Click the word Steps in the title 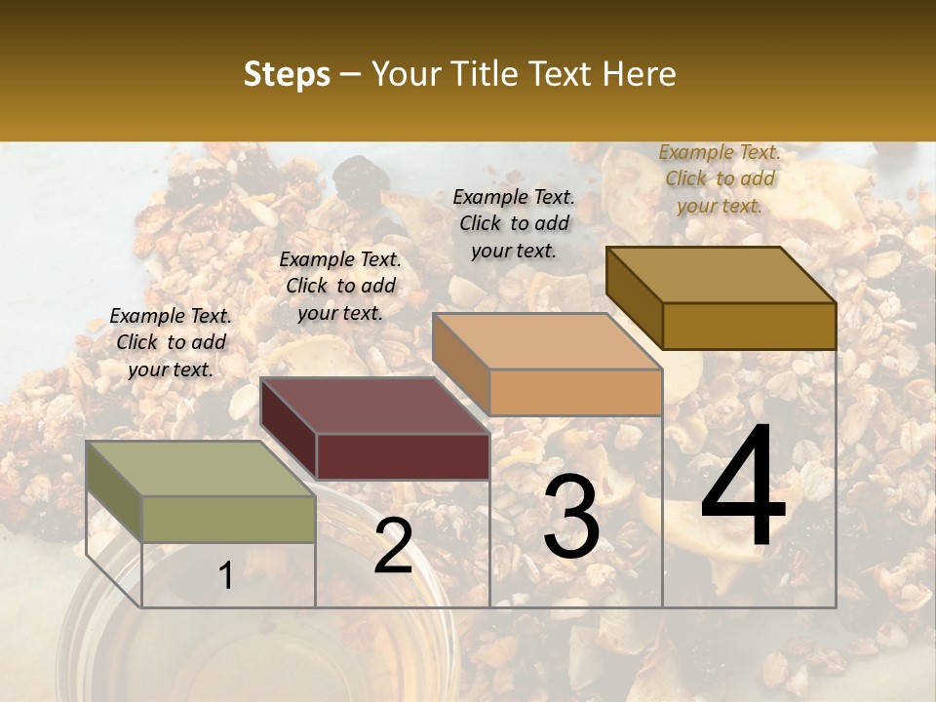(287, 74)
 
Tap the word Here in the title (639, 74)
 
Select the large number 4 (743, 487)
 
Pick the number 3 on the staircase (570, 517)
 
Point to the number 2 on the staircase (393, 547)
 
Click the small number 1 (225, 576)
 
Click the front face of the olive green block (228, 519)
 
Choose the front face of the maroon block (403, 456)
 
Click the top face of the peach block (547, 341)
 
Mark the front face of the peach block (575, 392)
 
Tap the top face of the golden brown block (721, 275)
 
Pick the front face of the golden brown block (749, 326)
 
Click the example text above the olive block (171, 342)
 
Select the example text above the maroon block (340, 286)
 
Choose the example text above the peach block (514, 223)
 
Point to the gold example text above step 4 (720, 178)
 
